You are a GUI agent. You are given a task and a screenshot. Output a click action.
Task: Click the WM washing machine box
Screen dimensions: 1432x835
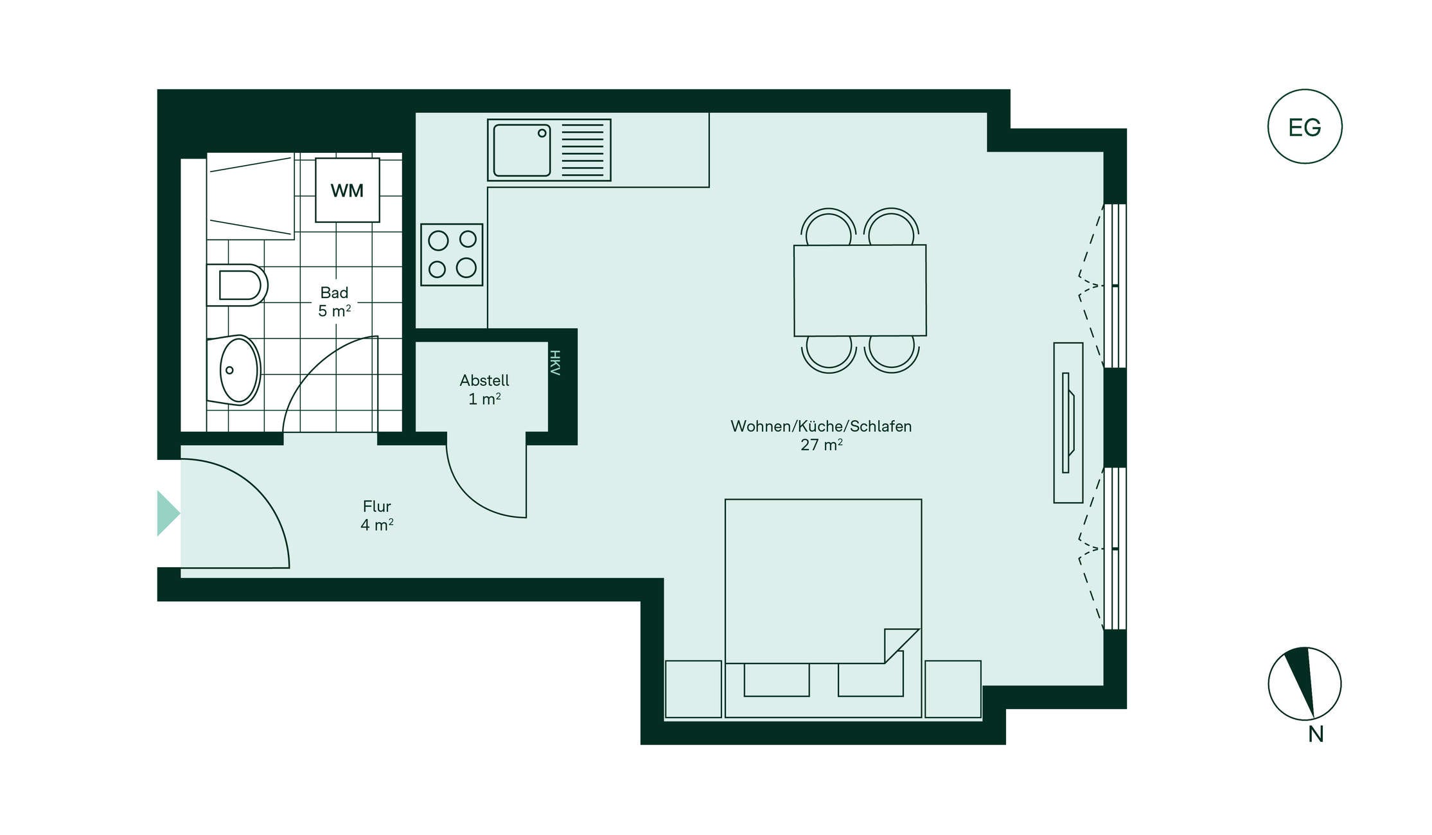pos(347,190)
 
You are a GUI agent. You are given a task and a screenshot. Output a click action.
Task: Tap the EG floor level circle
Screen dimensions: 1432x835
pos(1304,127)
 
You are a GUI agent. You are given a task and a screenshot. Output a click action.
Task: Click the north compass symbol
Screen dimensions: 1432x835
pos(1304,683)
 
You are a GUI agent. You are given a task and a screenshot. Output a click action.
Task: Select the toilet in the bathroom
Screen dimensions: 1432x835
pos(236,285)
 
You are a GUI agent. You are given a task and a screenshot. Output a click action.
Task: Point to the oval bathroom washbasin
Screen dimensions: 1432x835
pos(234,370)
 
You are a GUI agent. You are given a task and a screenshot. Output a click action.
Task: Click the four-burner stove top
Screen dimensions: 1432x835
pos(452,254)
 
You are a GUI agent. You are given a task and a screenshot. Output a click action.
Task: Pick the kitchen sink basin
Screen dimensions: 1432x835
pos(522,150)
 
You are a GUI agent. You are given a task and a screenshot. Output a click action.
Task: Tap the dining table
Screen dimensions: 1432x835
pos(860,290)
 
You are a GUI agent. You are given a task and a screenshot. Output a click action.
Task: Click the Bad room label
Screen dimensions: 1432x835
pos(334,293)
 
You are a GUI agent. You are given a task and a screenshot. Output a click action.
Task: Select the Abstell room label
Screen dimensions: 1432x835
pos(484,380)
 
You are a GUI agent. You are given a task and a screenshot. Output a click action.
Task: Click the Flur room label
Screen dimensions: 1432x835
pos(376,506)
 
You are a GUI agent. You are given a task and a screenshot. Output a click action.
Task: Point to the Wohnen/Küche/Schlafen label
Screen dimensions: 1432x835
pos(821,426)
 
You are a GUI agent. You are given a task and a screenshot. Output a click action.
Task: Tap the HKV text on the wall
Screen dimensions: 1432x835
pos(555,363)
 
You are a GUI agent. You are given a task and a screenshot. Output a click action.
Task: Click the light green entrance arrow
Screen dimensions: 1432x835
pos(168,513)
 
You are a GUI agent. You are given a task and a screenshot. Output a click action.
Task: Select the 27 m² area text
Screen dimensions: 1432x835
pos(821,444)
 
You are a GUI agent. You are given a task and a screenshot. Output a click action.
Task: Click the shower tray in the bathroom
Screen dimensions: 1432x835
pos(250,196)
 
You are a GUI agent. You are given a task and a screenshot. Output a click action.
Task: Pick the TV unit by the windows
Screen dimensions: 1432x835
pos(1068,423)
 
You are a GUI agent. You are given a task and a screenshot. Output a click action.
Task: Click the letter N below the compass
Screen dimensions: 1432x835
pos(1316,734)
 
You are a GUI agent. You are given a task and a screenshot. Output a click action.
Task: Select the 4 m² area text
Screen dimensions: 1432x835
pos(376,525)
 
